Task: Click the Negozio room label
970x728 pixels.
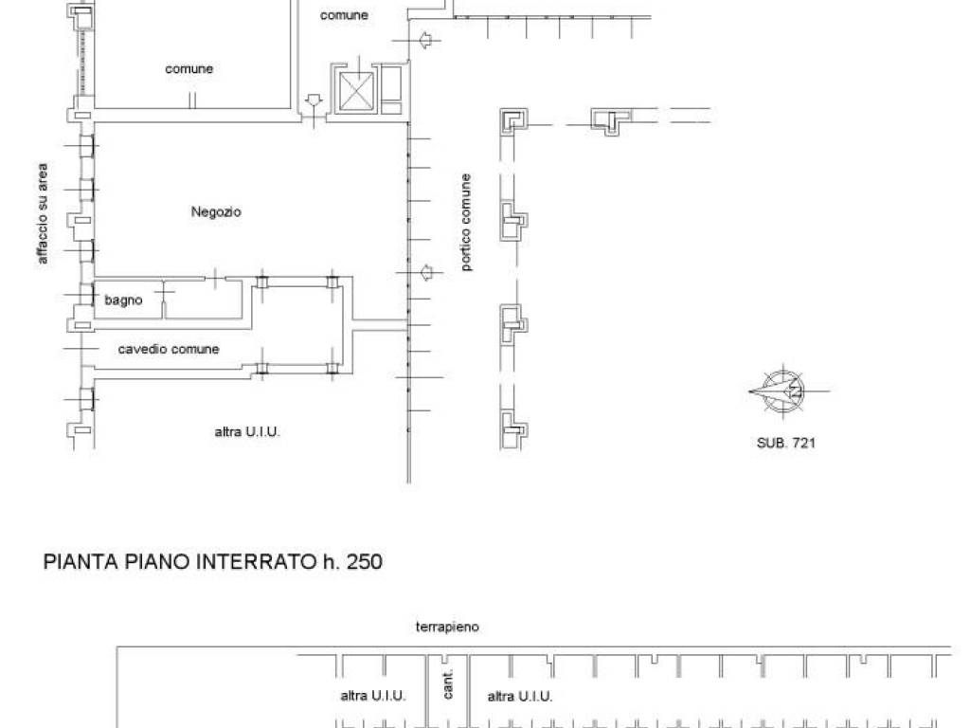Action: pyautogui.click(x=216, y=211)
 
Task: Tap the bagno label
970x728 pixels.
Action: pyautogui.click(x=123, y=300)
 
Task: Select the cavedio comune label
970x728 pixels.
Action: pyautogui.click(x=169, y=349)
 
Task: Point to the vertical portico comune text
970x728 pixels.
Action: pyautogui.click(x=466, y=222)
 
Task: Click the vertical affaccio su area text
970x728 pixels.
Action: pyautogui.click(x=42, y=213)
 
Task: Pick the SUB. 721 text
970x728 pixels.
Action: pyautogui.click(x=785, y=443)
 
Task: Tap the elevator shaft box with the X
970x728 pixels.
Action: pyautogui.click(x=357, y=92)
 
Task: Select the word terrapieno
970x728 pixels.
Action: pyautogui.click(x=447, y=628)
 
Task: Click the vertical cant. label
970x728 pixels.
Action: pyautogui.click(x=448, y=683)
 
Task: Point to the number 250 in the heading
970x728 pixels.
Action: pyautogui.click(x=365, y=561)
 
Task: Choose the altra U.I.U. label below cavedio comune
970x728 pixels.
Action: pyautogui.click(x=247, y=431)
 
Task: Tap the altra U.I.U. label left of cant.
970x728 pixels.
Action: pyautogui.click(x=373, y=696)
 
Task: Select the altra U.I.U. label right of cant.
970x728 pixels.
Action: pyautogui.click(x=520, y=697)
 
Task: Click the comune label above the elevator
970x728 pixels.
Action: pyautogui.click(x=344, y=15)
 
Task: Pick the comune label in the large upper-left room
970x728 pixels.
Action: pyautogui.click(x=189, y=68)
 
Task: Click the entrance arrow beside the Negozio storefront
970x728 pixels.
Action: pyautogui.click(x=426, y=272)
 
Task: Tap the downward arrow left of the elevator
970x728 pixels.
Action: pyautogui.click(x=314, y=100)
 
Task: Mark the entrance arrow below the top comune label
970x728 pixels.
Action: pyautogui.click(x=425, y=40)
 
